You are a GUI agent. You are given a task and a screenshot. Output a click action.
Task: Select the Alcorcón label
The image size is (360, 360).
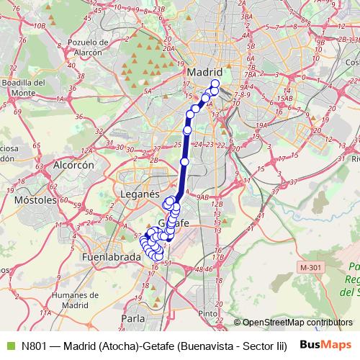[73, 165]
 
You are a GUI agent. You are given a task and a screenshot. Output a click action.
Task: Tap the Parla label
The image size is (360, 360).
[134, 318]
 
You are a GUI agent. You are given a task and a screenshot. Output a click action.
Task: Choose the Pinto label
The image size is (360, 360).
[208, 313]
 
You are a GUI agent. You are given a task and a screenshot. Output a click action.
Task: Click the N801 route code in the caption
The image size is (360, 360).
[34, 346]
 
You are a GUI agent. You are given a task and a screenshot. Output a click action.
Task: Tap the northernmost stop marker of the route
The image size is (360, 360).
[215, 84]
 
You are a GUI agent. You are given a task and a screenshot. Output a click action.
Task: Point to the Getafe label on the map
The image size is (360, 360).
[173, 223]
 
